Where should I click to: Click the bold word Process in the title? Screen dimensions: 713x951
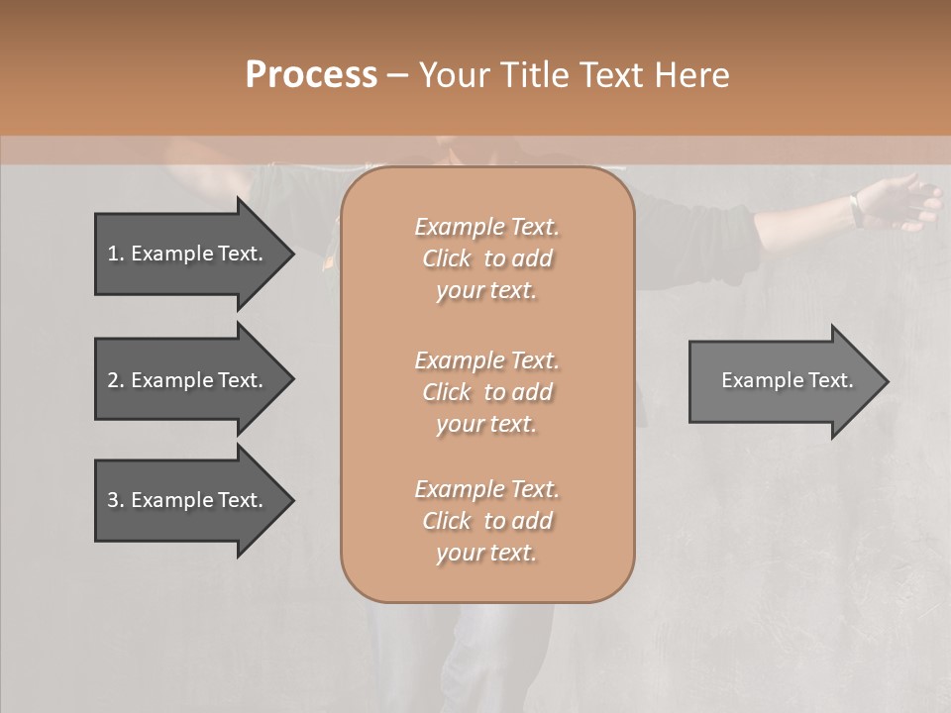[311, 75]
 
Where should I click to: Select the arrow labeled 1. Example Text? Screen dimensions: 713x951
[188, 254]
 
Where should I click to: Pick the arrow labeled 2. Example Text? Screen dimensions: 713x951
[188, 380]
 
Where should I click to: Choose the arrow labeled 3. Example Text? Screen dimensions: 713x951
[188, 500]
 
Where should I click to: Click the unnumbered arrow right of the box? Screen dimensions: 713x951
[783, 380]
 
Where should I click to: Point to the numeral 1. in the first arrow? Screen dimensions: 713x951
[115, 254]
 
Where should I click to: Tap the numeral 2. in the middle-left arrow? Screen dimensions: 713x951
[115, 380]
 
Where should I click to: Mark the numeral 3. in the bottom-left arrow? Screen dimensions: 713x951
[115, 500]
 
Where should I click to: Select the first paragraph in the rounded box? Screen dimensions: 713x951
[486, 258]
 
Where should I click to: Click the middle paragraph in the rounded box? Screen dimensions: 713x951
[486, 391]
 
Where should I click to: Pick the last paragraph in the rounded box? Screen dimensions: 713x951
[486, 521]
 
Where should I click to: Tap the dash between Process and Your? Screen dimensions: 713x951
[396, 75]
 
